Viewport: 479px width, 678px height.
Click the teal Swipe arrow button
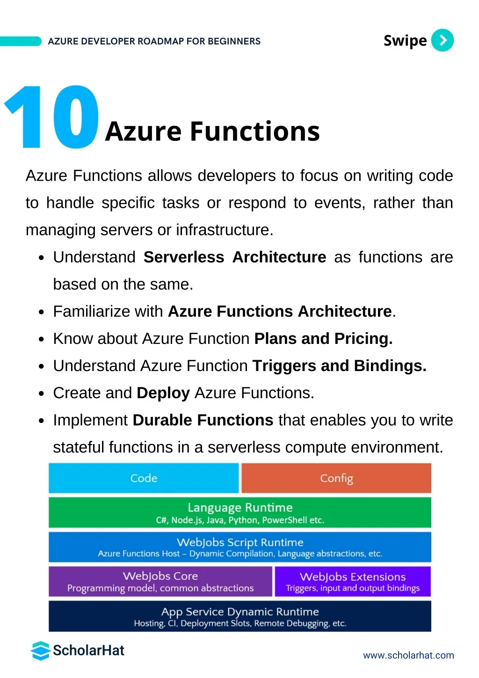click(x=442, y=40)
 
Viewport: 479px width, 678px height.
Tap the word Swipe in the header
click(x=405, y=41)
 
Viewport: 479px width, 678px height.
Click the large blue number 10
click(x=52, y=117)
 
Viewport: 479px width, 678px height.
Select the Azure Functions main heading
click(x=212, y=131)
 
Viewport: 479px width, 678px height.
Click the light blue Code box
click(x=144, y=478)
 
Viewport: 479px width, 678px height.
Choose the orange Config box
click(x=336, y=478)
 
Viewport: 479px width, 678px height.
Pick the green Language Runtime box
click(x=240, y=512)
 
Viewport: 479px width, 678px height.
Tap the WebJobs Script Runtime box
click(x=240, y=547)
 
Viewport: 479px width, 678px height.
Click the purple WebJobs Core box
click(x=160, y=582)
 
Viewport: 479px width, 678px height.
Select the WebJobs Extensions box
click(x=353, y=582)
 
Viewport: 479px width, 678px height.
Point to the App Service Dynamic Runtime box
click(x=240, y=616)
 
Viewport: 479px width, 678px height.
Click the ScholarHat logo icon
click(x=40, y=650)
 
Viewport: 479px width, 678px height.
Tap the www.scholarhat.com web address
click(x=408, y=655)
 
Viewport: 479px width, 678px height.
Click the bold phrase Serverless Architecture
click(x=235, y=257)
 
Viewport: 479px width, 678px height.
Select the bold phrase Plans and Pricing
click(x=324, y=339)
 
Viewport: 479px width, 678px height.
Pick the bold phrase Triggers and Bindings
click(x=340, y=366)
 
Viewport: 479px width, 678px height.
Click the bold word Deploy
click(x=163, y=393)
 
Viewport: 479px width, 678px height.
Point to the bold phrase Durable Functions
click(x=203, y=420)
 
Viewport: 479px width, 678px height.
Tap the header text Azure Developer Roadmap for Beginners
click(x=154, y=41)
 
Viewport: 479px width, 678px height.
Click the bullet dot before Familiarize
click(x=42, y=312)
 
